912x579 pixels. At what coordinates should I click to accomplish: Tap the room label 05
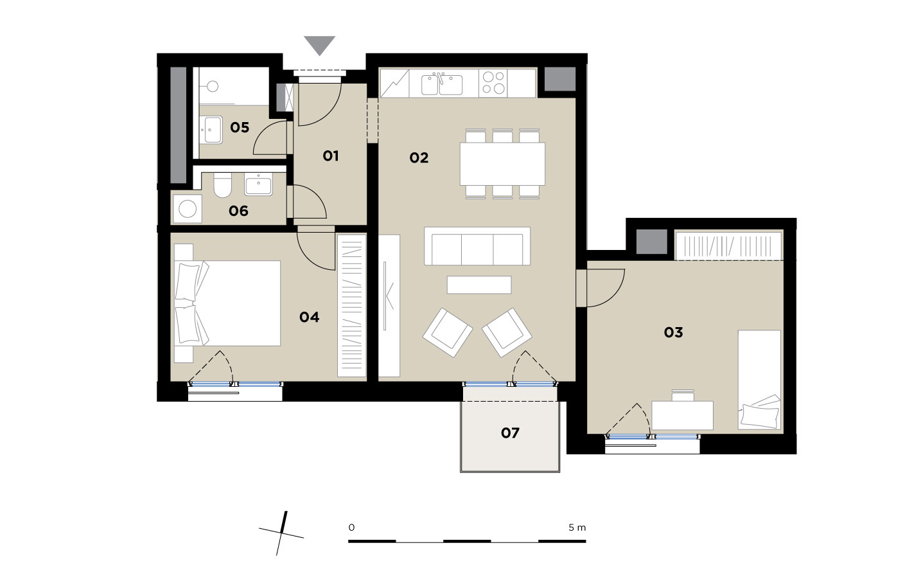coord(240,127)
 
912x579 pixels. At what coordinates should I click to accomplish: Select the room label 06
coord(238,211)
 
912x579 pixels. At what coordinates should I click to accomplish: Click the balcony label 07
coord(510,432)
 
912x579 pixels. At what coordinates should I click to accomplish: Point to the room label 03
coord(673,332)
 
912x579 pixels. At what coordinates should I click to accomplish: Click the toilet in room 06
coord(222,185)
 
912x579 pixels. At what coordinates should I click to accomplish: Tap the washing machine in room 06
coord(188,209)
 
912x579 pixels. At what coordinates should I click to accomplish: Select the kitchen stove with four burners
coord(493,83)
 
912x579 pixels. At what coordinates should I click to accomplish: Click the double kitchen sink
coord(442,84)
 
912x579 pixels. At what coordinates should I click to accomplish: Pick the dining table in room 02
coord(502,164)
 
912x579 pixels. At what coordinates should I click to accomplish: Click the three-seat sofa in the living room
coord(477,246)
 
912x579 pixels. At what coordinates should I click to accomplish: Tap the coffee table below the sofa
coord(479,285)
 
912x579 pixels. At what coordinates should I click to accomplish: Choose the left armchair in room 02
coord(448,333)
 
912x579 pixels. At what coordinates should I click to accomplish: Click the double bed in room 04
coord(227,303)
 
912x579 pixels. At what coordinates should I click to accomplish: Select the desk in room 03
coord(682,415)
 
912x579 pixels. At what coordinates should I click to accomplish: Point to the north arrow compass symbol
coord(281,533)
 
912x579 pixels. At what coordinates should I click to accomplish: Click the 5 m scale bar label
coord(577,528)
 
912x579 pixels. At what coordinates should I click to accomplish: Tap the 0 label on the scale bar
coord(351,528)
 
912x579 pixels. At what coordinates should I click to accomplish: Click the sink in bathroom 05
coord(211,130)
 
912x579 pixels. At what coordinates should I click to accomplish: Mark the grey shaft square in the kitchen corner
coord(560,79)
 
